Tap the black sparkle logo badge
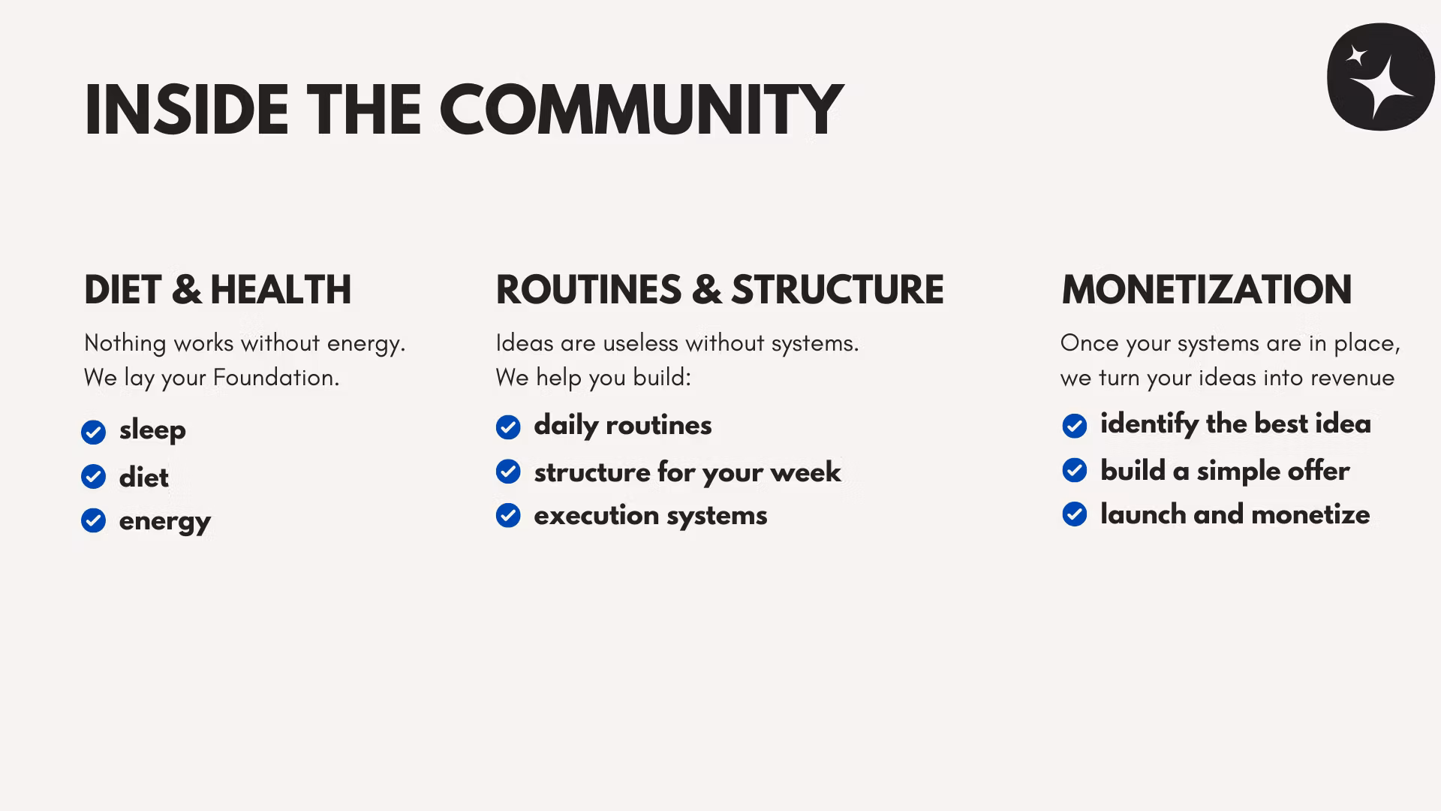coord(1381,77)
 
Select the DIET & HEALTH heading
coord(218,290)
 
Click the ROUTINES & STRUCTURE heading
coord(720,290)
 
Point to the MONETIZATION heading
coord(1207,290)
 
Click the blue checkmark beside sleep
coord(94,433)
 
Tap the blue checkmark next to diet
coord(94,476)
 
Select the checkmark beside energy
coord(94,520)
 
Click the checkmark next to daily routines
coord(508,427)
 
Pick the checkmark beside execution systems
coord(508,515)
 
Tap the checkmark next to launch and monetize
coord(1075,514)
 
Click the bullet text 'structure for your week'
coord(687,472)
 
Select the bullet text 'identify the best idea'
coord(1235,424)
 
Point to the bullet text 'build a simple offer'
coord(1225,471)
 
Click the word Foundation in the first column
coord(276,377)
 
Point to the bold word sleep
coord(152,431)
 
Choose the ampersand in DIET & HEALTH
coord(187,290)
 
